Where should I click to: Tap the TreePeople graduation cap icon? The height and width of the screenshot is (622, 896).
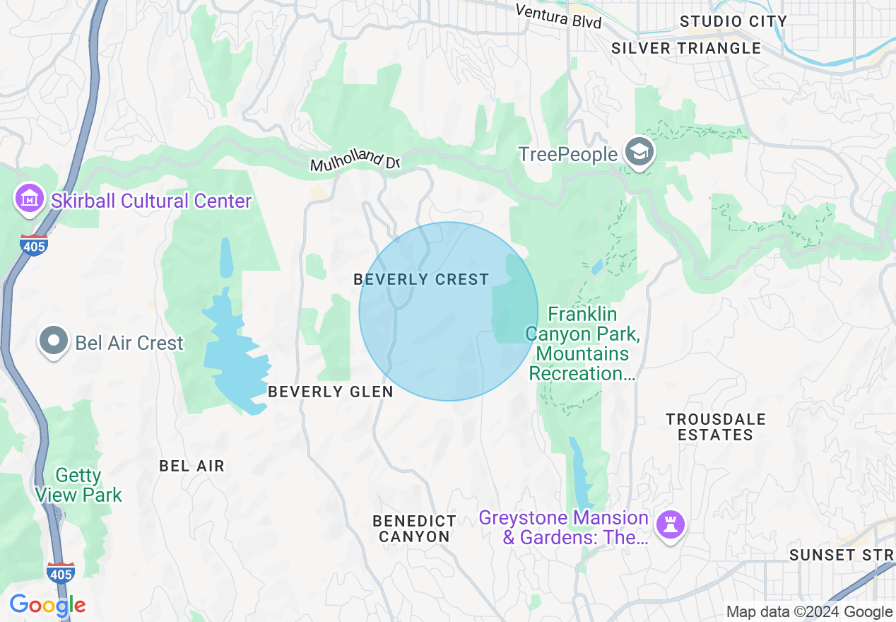click(640, 153)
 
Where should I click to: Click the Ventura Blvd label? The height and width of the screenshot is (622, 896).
click(558, 16)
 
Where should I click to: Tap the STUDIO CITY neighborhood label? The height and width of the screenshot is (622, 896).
click(733, 22)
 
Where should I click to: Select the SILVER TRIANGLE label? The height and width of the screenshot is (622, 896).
click(685, 48)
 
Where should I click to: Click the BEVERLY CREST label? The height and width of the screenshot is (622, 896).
click(421, 279)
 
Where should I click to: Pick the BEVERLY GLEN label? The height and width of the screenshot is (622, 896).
click(330, 392)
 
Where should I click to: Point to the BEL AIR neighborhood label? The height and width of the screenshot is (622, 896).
click(191, 466)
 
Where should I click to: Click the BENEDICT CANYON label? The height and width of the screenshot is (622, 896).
click(414, 529)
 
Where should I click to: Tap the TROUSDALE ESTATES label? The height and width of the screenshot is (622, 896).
click(715, 427)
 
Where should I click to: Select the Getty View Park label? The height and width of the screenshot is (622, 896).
click(78, 485)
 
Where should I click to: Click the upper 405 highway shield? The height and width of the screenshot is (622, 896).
click(33, 245)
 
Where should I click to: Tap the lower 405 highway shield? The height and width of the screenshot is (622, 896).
click(61, 573)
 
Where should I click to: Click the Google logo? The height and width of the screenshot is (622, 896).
click(47, 605)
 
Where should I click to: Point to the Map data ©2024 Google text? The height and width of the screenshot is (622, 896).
click(809, 612)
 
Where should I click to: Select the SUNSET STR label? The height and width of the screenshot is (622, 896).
click(841, 555)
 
